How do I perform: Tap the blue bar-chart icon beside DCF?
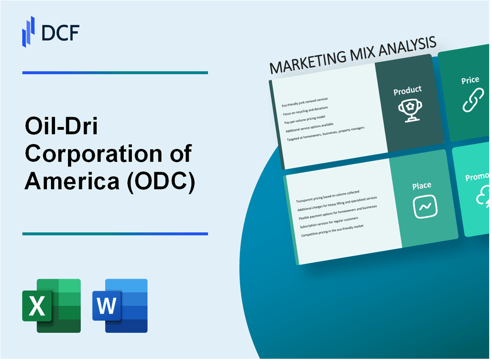click(x=29, y=31)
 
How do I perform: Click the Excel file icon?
click(x=51, y=306)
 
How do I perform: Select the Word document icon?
click(x=120, y=306)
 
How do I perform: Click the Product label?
click(x=407, y=90)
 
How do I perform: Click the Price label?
click(x=470, y=80)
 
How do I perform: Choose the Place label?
click(x=422, y=185)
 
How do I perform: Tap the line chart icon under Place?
click(x=425, y=207)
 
